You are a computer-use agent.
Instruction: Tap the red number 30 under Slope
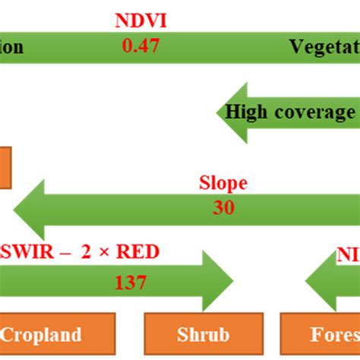click(x=224, y=207)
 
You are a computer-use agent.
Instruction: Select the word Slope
click(x=223, y=184)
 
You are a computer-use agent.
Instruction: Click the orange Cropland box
click(x=57, y=335)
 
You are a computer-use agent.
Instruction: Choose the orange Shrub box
click(x=198, y=335)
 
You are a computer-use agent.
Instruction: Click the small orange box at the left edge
click(x=5, y=167)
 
